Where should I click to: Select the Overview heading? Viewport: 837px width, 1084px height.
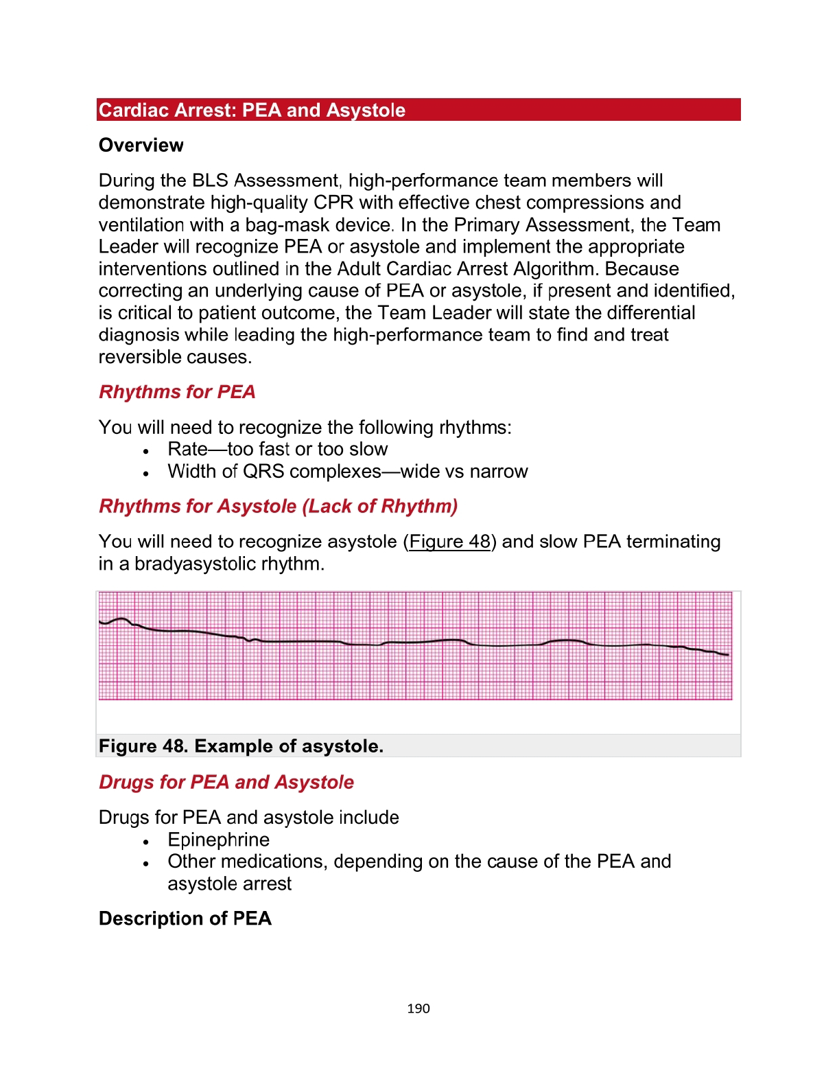tap(141, 146)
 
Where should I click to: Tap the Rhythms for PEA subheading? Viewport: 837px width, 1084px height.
tap(177, 392)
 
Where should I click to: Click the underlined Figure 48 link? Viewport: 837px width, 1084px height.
tap(449, 542)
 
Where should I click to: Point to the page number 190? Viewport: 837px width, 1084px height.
tap(418, 1008)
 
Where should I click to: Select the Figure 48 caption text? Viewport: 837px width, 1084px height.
tap(241, 746)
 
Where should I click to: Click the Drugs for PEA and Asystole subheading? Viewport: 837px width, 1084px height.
tap(226, 783)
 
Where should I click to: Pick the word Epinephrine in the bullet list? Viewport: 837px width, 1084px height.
tap(219, 840)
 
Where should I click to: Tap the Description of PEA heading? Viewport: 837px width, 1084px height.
tap(185, 919)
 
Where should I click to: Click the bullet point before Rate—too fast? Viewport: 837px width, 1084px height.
tap(146, 452)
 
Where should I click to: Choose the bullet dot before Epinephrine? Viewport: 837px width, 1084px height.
tap(146, 842)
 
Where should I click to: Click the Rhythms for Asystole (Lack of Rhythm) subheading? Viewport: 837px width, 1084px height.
tap(278, 507)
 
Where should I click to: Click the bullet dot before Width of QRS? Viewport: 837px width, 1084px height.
tap(146, 474)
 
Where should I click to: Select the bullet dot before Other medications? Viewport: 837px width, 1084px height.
tap(146, 864)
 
